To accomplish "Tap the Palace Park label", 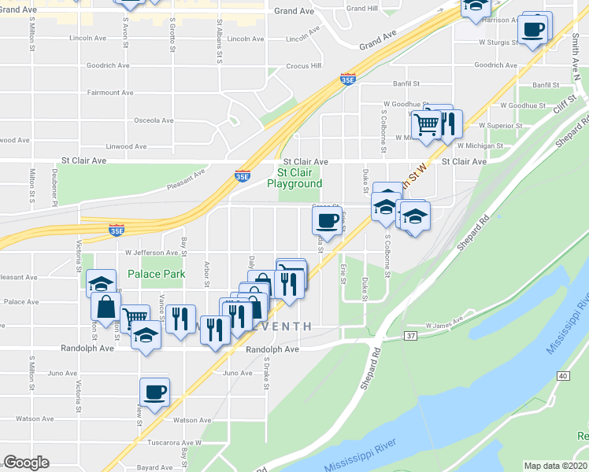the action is click(157, 275).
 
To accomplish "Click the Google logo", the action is click(26, 463).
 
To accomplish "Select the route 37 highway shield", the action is click(389, 336).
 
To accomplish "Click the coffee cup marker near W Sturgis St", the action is click(533, 30).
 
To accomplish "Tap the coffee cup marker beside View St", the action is click(154, 393).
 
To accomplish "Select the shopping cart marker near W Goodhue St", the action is click(426, 124).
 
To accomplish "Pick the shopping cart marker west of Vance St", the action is click(135, 318).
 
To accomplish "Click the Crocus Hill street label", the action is click(304, 66).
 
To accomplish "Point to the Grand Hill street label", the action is click(362, 9).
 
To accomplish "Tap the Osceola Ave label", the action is click(153, 120).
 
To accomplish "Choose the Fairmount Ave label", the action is click(109, 93).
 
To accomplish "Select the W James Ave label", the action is click(443, 324).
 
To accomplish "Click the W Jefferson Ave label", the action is click(151, 253).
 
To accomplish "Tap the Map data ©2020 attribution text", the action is click(556, 466).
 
